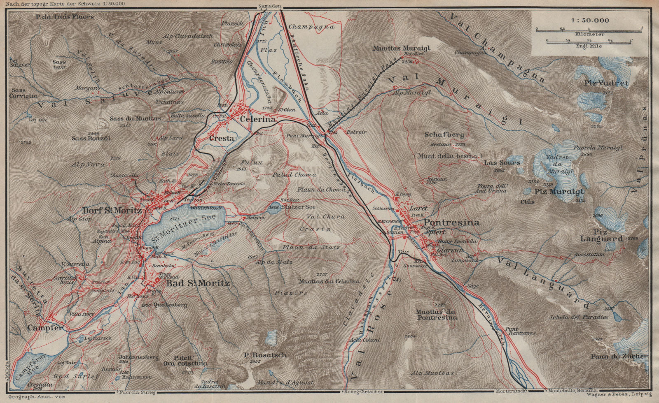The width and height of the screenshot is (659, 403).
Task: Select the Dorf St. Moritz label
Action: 112,210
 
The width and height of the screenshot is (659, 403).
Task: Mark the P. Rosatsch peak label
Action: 265,355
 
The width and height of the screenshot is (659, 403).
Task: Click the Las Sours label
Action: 502,162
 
